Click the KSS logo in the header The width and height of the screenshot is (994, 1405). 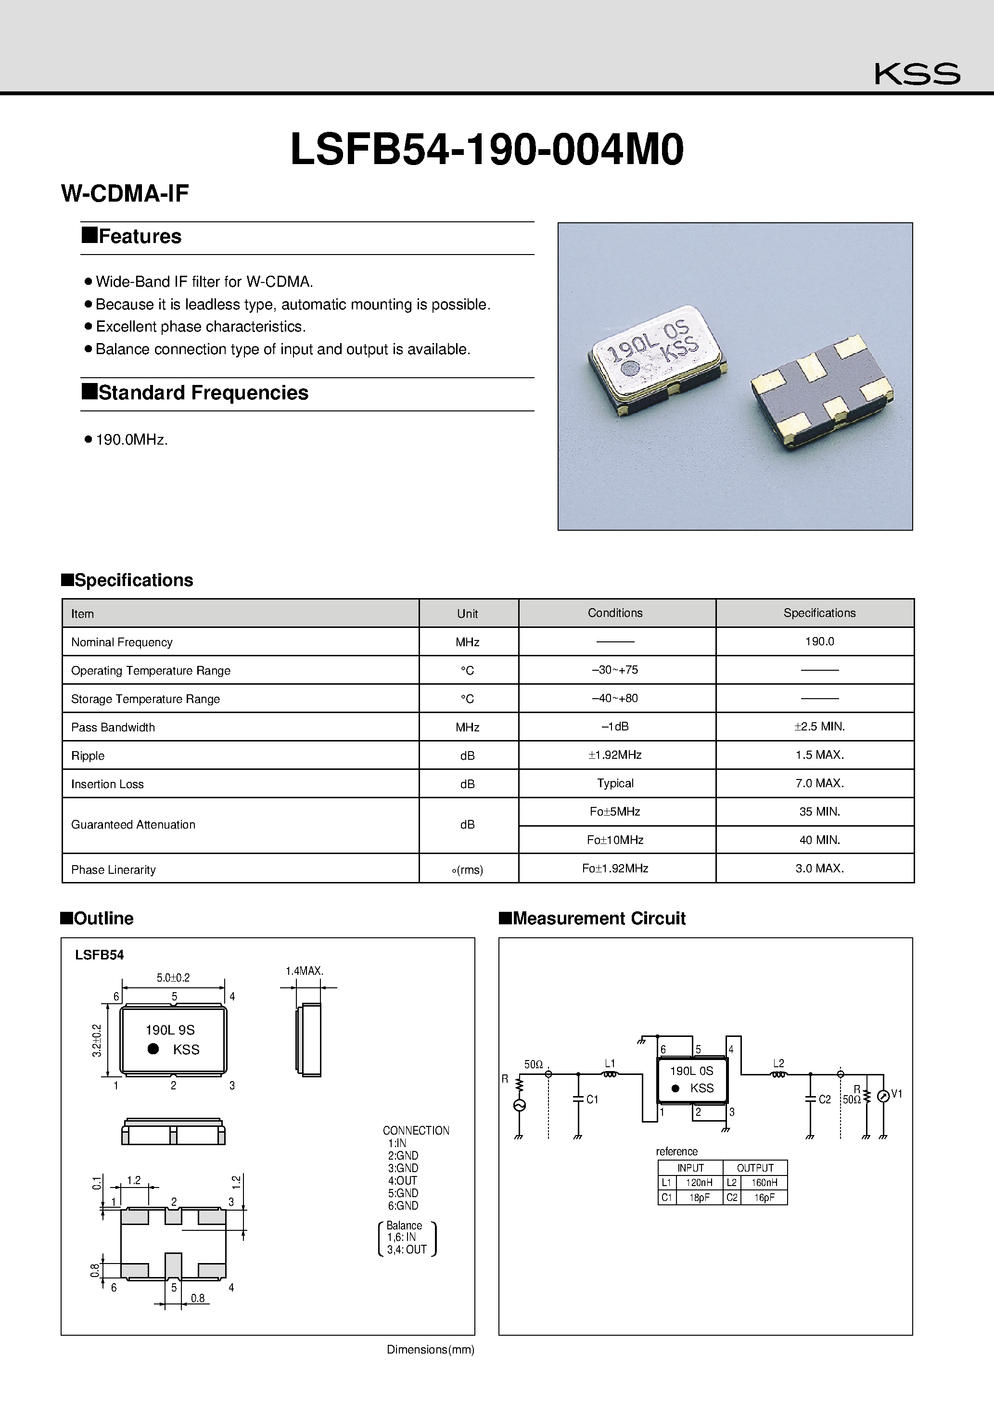click(917, 74)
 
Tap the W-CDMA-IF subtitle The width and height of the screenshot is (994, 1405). click(125, 193)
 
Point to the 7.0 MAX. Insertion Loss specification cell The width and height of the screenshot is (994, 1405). click(819, 783)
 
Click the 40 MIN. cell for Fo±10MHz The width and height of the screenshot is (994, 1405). click(819, 840)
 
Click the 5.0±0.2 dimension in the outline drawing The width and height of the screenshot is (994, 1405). click(173, 977)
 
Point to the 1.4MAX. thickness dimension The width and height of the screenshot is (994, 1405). click(304, 971)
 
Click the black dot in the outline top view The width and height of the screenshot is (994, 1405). click(153, 1049)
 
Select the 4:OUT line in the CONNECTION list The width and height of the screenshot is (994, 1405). click(402, 1180)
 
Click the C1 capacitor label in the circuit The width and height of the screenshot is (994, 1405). click(592, 1099)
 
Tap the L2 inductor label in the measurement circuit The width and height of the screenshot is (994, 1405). click(778, 1063)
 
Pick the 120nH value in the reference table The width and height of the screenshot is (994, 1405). click(699, 1183)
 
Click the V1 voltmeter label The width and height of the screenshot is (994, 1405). click(897, 1094)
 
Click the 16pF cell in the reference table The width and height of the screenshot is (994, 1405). click(764, 1198)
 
